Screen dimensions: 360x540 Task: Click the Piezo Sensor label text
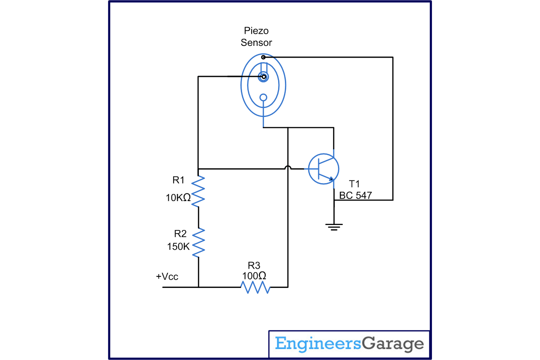256,37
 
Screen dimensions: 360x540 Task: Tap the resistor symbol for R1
198,191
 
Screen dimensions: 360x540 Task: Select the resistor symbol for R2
198,242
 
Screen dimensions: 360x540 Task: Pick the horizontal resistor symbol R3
255,287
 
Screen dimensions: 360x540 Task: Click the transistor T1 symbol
323,169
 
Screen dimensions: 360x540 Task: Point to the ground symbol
334,226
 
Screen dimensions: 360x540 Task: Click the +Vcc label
167,276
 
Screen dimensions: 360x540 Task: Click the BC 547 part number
355,195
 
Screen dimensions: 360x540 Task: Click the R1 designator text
179,180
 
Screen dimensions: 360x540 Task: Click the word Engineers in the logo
318,344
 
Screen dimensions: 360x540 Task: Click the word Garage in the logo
393,344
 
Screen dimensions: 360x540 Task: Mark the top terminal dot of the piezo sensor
263,57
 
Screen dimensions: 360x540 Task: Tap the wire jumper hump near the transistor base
288,168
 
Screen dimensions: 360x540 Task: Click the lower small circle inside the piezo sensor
263,97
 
